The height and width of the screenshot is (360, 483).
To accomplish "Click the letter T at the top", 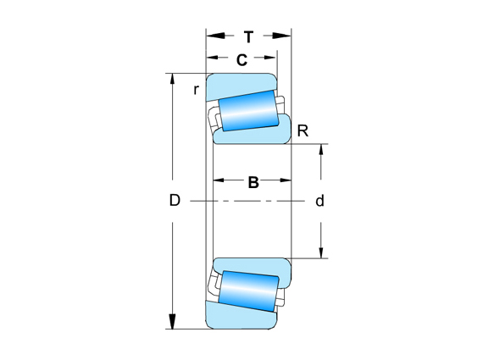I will (248, 36).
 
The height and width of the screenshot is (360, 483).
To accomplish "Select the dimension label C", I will (241, 59).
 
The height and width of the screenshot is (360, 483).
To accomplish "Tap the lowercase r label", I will (196, 90).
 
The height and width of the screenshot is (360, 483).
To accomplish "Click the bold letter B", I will (253, 181).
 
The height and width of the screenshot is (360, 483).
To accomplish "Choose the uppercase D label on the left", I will (175, 201).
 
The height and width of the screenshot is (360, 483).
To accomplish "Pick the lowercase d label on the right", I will (319, 201).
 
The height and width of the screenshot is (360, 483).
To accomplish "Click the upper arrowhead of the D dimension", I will (173, 80).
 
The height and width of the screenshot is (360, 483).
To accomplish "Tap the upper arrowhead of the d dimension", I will (320, 152).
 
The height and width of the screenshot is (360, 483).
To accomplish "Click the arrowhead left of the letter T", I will (214, 36).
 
